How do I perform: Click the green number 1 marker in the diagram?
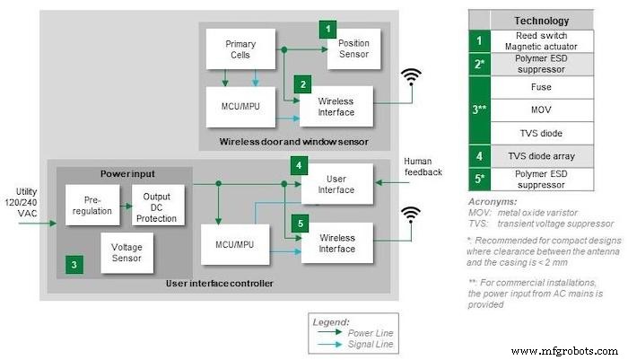point(328,29)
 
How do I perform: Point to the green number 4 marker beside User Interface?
point(298,164)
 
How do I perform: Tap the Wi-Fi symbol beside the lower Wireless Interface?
point(412,215)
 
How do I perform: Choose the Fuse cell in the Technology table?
point(540,88)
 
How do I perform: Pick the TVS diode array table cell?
point(540,156)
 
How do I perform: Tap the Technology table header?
point(540,20)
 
